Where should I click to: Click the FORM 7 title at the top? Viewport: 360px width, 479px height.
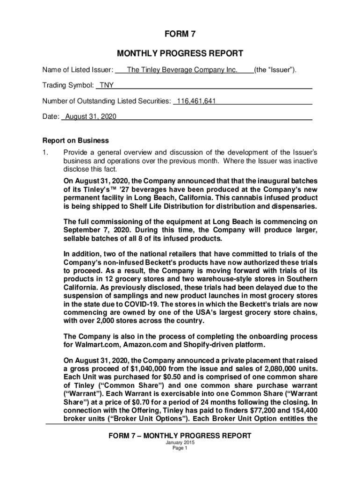(180, 34)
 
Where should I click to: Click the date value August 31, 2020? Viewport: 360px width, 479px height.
(91, 116)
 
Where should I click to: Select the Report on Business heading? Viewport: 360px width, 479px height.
(76, 140)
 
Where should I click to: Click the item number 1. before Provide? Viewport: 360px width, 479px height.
(45, 152)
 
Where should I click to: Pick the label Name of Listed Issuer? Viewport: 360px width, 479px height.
(78, 70)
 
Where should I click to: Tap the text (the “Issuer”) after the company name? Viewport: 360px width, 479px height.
(275, 70)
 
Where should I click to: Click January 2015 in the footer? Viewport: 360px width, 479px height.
(180, 443)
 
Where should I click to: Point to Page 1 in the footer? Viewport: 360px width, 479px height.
(180, 448)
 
